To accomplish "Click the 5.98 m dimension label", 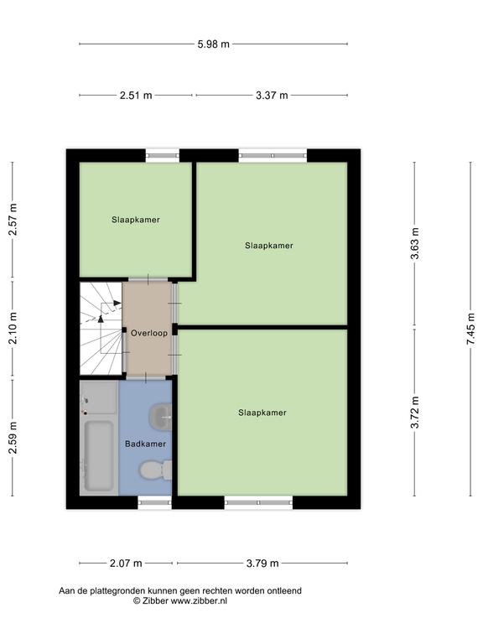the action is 213,44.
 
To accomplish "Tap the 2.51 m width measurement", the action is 136,96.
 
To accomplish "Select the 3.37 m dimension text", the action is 272,96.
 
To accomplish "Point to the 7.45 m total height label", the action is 470,329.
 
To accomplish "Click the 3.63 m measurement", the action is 415,243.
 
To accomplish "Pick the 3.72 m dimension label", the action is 415,413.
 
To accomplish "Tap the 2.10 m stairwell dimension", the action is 13,329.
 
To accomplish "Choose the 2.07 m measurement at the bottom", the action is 126,563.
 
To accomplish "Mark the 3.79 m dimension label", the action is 262,563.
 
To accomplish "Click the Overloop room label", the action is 149,333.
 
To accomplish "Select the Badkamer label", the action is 145,444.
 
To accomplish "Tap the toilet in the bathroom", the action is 155,470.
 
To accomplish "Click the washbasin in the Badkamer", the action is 160,417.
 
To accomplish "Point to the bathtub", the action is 99,456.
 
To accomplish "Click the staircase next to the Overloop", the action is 101,329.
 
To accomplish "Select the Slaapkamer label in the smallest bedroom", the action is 136,220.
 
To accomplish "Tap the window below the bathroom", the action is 154,502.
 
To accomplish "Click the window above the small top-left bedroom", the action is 163,156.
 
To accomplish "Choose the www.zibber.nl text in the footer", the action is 199,601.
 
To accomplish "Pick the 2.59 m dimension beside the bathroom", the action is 13,438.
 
